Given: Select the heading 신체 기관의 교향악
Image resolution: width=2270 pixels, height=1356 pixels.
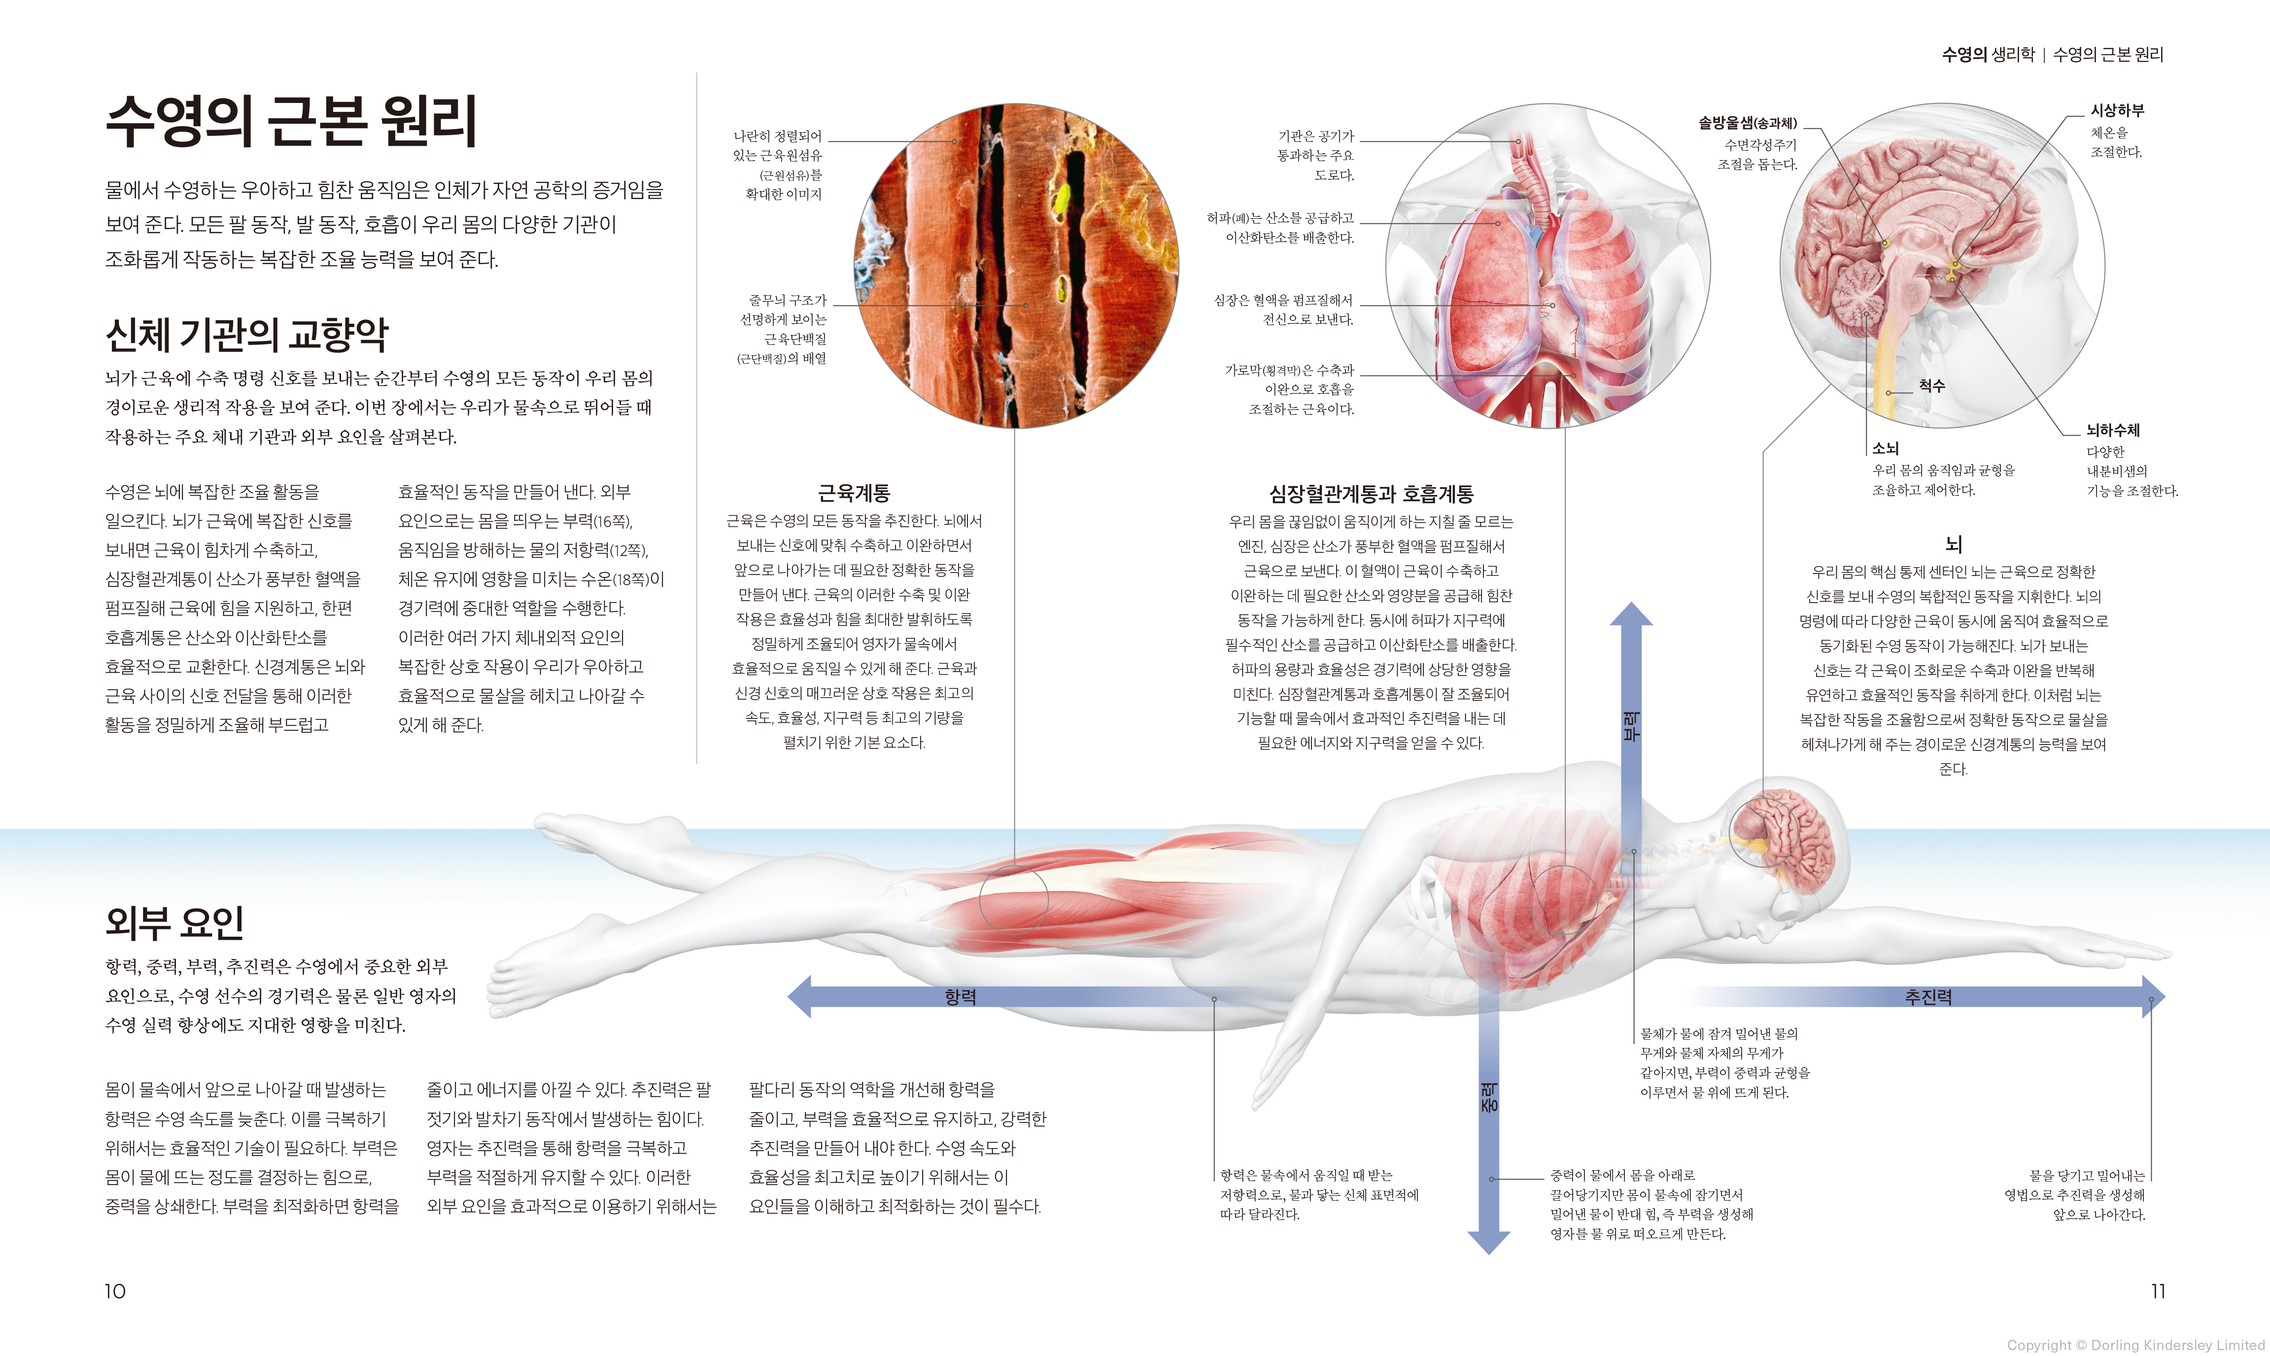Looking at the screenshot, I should tap(247, 335).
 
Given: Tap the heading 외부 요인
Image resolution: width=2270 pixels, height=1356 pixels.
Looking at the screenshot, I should tap(174, 922).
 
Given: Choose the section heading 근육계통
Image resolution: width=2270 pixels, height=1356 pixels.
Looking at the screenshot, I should tap(854, 493).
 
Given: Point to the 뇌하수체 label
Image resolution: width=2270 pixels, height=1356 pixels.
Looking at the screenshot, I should tap(2113, 430).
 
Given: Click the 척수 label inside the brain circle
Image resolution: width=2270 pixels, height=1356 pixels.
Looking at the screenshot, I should tap(1931, 386).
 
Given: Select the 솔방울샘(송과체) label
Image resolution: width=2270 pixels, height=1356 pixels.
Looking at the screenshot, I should tap(1747, 122).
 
